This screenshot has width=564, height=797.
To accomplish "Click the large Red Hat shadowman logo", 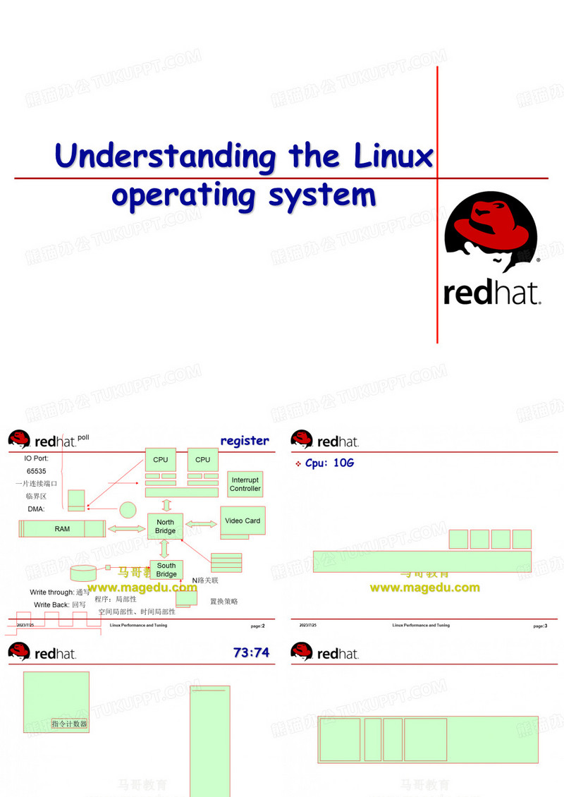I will [492, 233].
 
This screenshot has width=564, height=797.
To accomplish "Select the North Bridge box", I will [166, 527].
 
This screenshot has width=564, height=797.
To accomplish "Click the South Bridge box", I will [166, 570].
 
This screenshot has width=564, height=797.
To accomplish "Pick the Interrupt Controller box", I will [245, 484].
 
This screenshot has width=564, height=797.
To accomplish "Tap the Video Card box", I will [243, 521].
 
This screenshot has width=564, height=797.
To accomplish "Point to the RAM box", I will [62, 528].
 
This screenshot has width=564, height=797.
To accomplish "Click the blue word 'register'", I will [245, 441].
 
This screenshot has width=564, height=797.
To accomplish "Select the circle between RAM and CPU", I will [127, 509].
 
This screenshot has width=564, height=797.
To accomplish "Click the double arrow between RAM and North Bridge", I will [127, 528].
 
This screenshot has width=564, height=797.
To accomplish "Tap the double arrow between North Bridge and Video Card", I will [202, 523].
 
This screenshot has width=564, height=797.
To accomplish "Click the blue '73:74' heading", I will [251, 652].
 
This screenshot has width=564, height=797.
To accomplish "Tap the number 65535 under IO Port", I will [37, 470].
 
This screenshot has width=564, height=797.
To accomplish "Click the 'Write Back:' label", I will [51, 604].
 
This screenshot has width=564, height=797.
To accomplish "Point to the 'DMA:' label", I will [36, 509].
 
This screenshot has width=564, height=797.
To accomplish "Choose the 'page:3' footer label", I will [540, 626].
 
